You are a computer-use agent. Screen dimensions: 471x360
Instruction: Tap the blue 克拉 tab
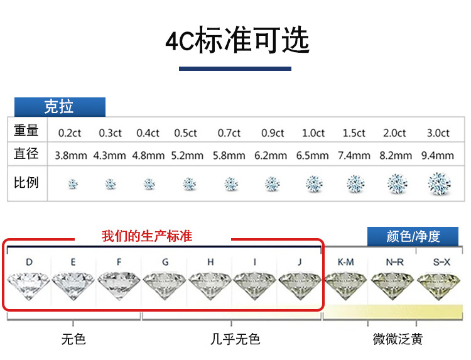59,107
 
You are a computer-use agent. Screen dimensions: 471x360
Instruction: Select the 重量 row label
26,131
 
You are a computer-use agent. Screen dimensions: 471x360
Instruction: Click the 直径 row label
26,153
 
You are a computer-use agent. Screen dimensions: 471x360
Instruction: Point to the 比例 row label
26,182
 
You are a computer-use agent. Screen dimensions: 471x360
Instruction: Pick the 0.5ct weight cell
186,133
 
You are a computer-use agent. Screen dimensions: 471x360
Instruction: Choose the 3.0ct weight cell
438,133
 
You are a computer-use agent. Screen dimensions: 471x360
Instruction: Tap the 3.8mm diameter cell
71,155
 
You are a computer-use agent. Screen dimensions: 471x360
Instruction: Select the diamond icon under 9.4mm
438,183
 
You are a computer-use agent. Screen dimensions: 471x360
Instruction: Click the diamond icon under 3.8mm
73,184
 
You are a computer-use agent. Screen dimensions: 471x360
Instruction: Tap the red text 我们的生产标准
147,237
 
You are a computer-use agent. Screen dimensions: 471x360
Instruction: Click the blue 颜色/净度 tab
413,236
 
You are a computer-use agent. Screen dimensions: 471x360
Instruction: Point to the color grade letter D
29,261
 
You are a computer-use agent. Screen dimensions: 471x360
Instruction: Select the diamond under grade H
210,286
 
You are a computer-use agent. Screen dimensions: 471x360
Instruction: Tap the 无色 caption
73,339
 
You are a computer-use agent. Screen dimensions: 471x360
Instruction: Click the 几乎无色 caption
235,339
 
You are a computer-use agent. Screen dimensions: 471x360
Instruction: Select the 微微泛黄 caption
398,339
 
